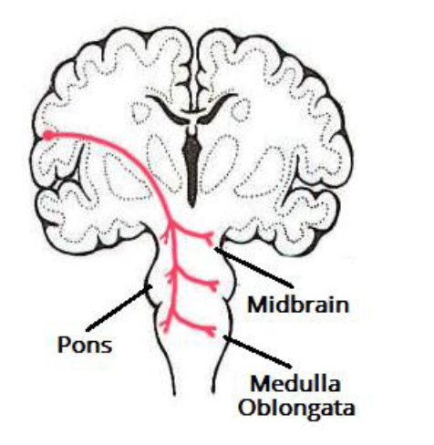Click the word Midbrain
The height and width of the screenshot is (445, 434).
tap(298, 305)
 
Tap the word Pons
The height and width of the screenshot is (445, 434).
tap(85, 345)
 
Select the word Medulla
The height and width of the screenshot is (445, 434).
tap(294, 384)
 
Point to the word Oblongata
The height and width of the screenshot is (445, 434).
tap(296, 408)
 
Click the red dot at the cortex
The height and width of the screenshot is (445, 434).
tap(48, 136)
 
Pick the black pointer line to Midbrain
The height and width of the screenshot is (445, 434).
tap(253, 268)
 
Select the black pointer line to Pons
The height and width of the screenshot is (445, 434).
tap(119, 307)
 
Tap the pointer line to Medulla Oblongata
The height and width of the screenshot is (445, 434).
tap(257, 351)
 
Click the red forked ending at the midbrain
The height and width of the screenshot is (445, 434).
tap(210, 238)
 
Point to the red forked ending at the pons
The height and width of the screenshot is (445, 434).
tap(213, 285)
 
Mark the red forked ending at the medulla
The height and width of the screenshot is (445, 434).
tap(211, 330)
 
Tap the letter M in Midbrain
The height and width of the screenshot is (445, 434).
tap(258, 305)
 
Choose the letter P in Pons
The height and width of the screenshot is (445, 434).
tap(64, 345)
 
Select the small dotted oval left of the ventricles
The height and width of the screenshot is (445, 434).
tap(140, 112)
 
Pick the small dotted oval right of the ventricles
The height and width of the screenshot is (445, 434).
tap(241, 109)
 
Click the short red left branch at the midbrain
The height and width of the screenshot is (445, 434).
tap(167, 235)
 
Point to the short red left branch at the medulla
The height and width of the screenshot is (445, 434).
tap(166, 326)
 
